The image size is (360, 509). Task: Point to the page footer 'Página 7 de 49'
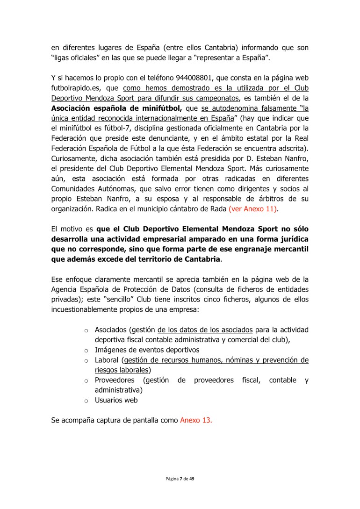pyautogui.click(x=180, y=479)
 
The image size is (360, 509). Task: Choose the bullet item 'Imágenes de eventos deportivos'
pyautogui.click(x=147, y=350)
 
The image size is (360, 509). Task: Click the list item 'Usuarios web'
pyautogui.click(x=116, y=400)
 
